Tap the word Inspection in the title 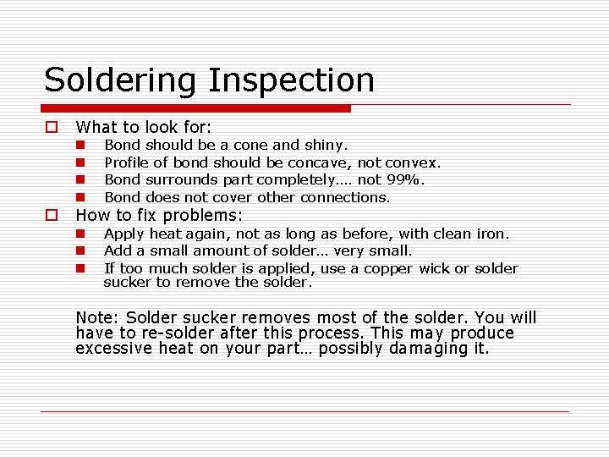pyautogui.click(x=291, y=80)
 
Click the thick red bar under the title pyautogui.click(x=196, y=108)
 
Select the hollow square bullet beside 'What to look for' pyautogui.click(x=52, y=127)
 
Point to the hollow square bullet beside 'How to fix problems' pyautogui.click(x=52, y=215)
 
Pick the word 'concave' pyautogui.click(x=317, y=162)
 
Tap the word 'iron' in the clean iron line pyautogui.click(x=491, y=234)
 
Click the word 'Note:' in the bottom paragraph pyautogui.click(x=97, y=318)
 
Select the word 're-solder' pyautogui.click(x=155, y=333)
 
